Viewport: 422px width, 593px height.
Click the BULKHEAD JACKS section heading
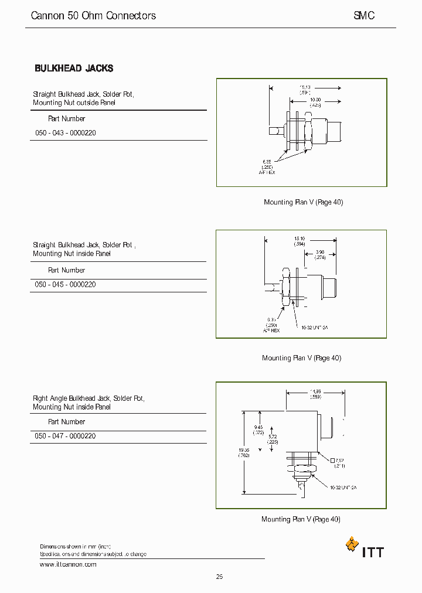[x=74, y=69]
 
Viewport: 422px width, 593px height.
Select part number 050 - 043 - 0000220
[x=66, y=133]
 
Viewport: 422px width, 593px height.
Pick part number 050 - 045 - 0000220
[x=66, y=284]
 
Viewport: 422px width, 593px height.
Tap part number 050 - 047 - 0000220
[x=66, y=436]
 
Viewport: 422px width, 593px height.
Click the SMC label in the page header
[x=363, y=16]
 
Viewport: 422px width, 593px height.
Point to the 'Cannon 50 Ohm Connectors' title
[x=93, y=16]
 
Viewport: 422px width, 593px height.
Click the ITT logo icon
[x=352, y=544]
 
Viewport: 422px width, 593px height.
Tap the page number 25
[x=219, y=577]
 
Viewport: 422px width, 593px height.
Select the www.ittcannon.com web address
[x=68, y=564]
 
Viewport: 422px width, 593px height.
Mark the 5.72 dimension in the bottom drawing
[x=273, y=438]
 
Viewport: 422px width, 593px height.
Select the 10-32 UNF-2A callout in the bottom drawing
[x=343, y=487]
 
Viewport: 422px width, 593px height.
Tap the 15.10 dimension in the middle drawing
[x=300, y=238]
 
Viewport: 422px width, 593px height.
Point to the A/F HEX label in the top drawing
[x=267, y=172]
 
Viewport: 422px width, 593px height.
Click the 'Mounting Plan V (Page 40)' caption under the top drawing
[x=303, y=202]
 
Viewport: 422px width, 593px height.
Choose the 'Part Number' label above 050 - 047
[x=66, y=421]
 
